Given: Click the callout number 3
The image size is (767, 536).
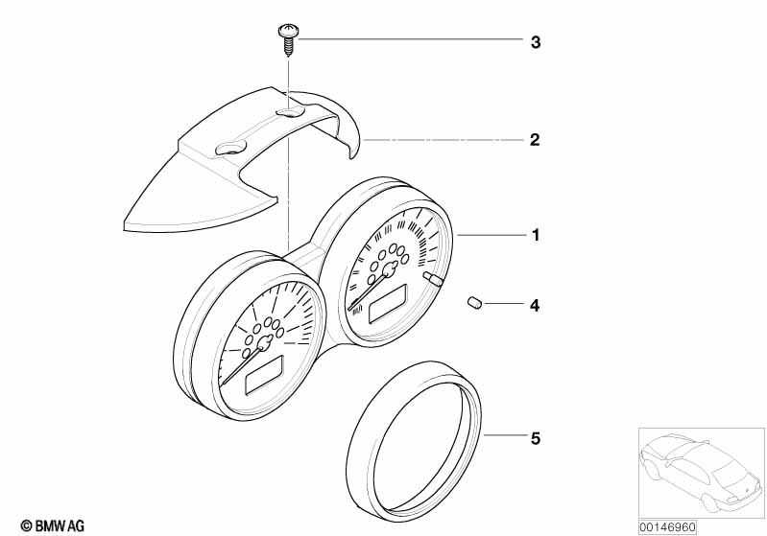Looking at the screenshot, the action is pyautogui.click(x=536, y=42).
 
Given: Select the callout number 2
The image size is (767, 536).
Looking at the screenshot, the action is pyautogui.click(x=536, y=140).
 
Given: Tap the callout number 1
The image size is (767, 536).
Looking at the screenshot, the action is pyautogui.click(x=536, y=235).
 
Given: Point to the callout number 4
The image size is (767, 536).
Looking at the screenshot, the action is pyautogui.click(x=536, y=306).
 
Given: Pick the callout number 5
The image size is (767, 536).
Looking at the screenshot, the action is pyautogui.click(x=536, y=438).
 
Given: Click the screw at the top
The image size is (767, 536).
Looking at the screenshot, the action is pyautogui.click(x=287, y=37).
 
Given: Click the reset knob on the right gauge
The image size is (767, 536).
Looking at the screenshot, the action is pyautogui.click(x=433, y=280).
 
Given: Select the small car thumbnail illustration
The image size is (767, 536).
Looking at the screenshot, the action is pyautogui.click(x=699, y=470).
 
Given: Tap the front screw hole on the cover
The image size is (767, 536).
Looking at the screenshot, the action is pyautogui.click(x=232, y=148).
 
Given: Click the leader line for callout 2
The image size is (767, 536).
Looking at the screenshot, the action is pyautogui.click(x=442, y=140).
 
